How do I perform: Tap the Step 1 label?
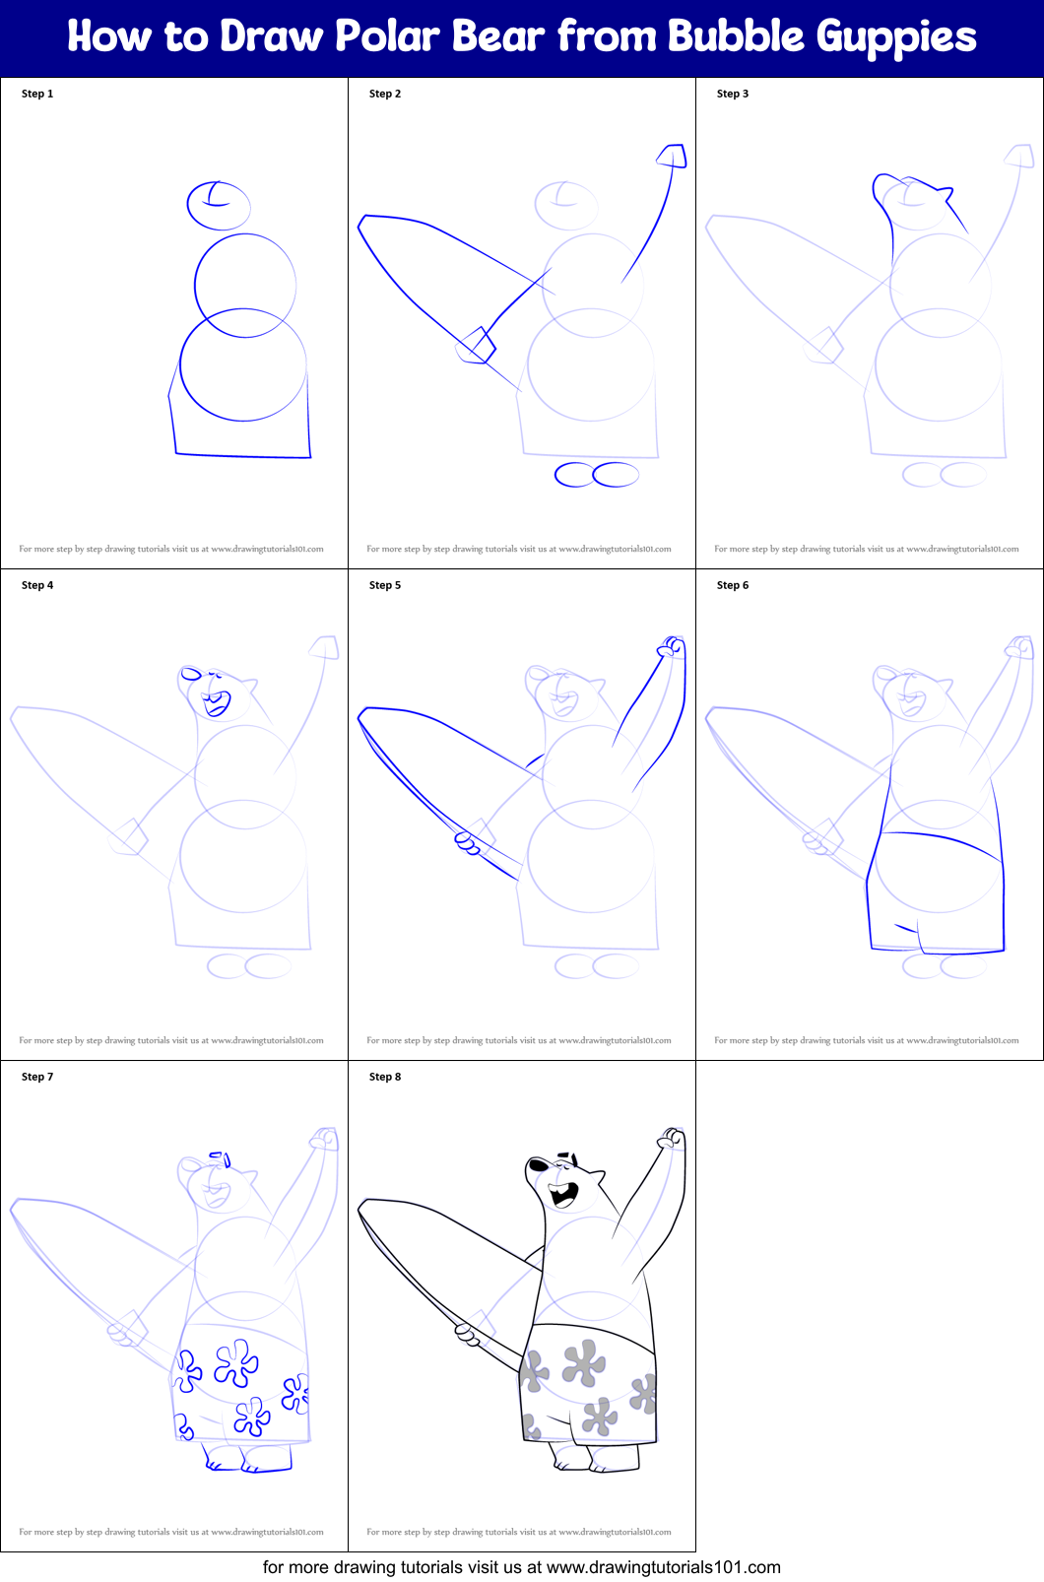37,94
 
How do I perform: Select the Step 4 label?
37,585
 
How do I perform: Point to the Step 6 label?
733,585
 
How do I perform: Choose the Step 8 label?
385,1077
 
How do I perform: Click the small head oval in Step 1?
219,205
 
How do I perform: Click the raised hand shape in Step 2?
673,156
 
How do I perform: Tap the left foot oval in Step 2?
574,475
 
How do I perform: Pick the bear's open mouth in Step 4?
215,703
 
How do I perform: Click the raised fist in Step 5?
672,646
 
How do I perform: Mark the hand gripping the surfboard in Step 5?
468,843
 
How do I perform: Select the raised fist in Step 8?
672,1138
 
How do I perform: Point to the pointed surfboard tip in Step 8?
363,1208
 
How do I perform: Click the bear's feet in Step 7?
246,1458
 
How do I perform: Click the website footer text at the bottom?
521,1567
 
